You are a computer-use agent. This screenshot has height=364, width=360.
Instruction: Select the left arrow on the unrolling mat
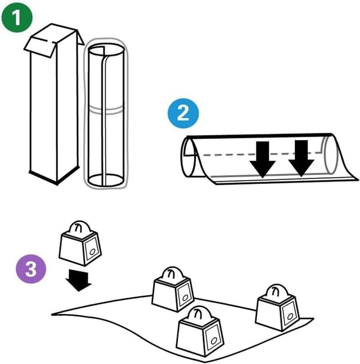(x=263, y=157)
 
